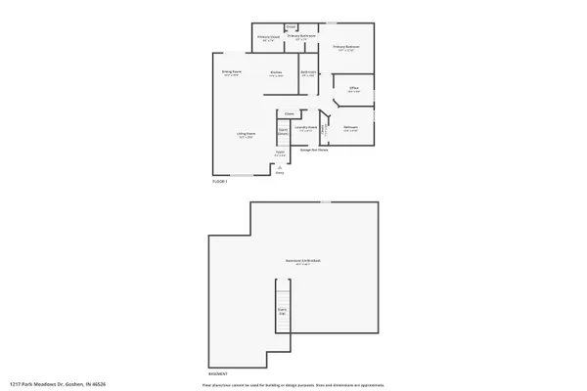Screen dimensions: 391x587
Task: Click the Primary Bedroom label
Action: click(345, 47)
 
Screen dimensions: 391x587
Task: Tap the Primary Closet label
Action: click(268, 38)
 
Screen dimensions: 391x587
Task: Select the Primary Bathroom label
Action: click(301, 36)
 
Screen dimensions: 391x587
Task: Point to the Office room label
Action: click(354, 89)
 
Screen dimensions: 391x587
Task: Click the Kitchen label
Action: click(277, 73)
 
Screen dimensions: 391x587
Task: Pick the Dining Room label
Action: click(231, 72)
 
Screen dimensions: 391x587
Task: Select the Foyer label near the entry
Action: click(280, 152)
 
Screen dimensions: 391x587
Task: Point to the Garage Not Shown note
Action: click(314, 150)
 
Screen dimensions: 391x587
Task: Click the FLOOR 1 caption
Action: click(220, 182)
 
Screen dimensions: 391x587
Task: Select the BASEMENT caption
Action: click(219, 373)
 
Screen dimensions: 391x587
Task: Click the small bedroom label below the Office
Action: click(350, 127)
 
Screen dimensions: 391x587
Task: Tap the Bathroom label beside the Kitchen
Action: click(307, 73)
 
